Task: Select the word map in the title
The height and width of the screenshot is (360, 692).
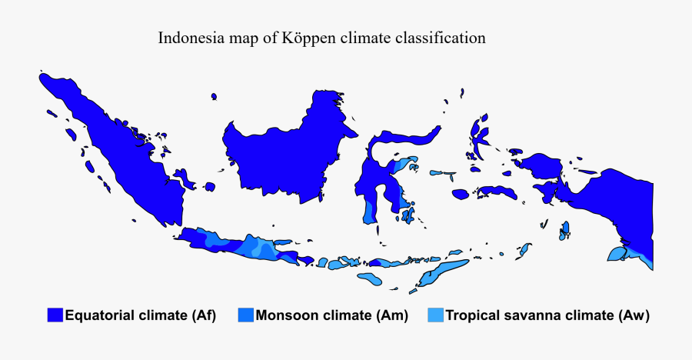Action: pyautogui.click(x=241, y=38)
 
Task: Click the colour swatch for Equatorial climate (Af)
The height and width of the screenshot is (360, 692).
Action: pyautogui.click(x=55, y=315)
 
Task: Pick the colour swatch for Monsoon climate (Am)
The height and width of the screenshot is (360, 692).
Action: pyautogui.click(x=245, y=315)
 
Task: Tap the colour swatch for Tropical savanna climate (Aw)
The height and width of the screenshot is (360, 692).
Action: pyautogui.click(x=435, y=315)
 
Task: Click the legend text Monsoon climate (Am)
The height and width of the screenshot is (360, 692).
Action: pyautogui.click(x=331, y=315)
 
